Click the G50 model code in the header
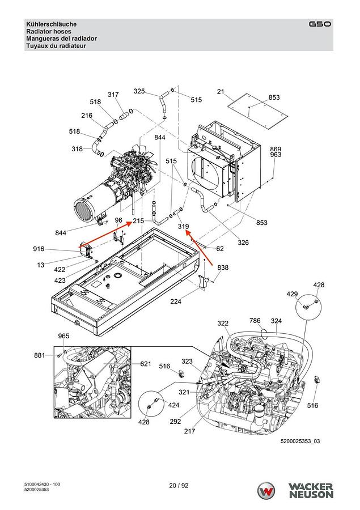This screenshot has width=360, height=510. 320,24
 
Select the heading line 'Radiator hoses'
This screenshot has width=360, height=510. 49,32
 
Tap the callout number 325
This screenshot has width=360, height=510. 139,91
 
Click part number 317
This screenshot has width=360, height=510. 113,95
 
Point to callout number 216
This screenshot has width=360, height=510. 87,116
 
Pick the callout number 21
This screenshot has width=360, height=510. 221,92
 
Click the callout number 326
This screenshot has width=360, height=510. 243,243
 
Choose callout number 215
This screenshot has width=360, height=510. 138,221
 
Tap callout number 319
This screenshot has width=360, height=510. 183,226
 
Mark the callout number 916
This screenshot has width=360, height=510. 39,249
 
